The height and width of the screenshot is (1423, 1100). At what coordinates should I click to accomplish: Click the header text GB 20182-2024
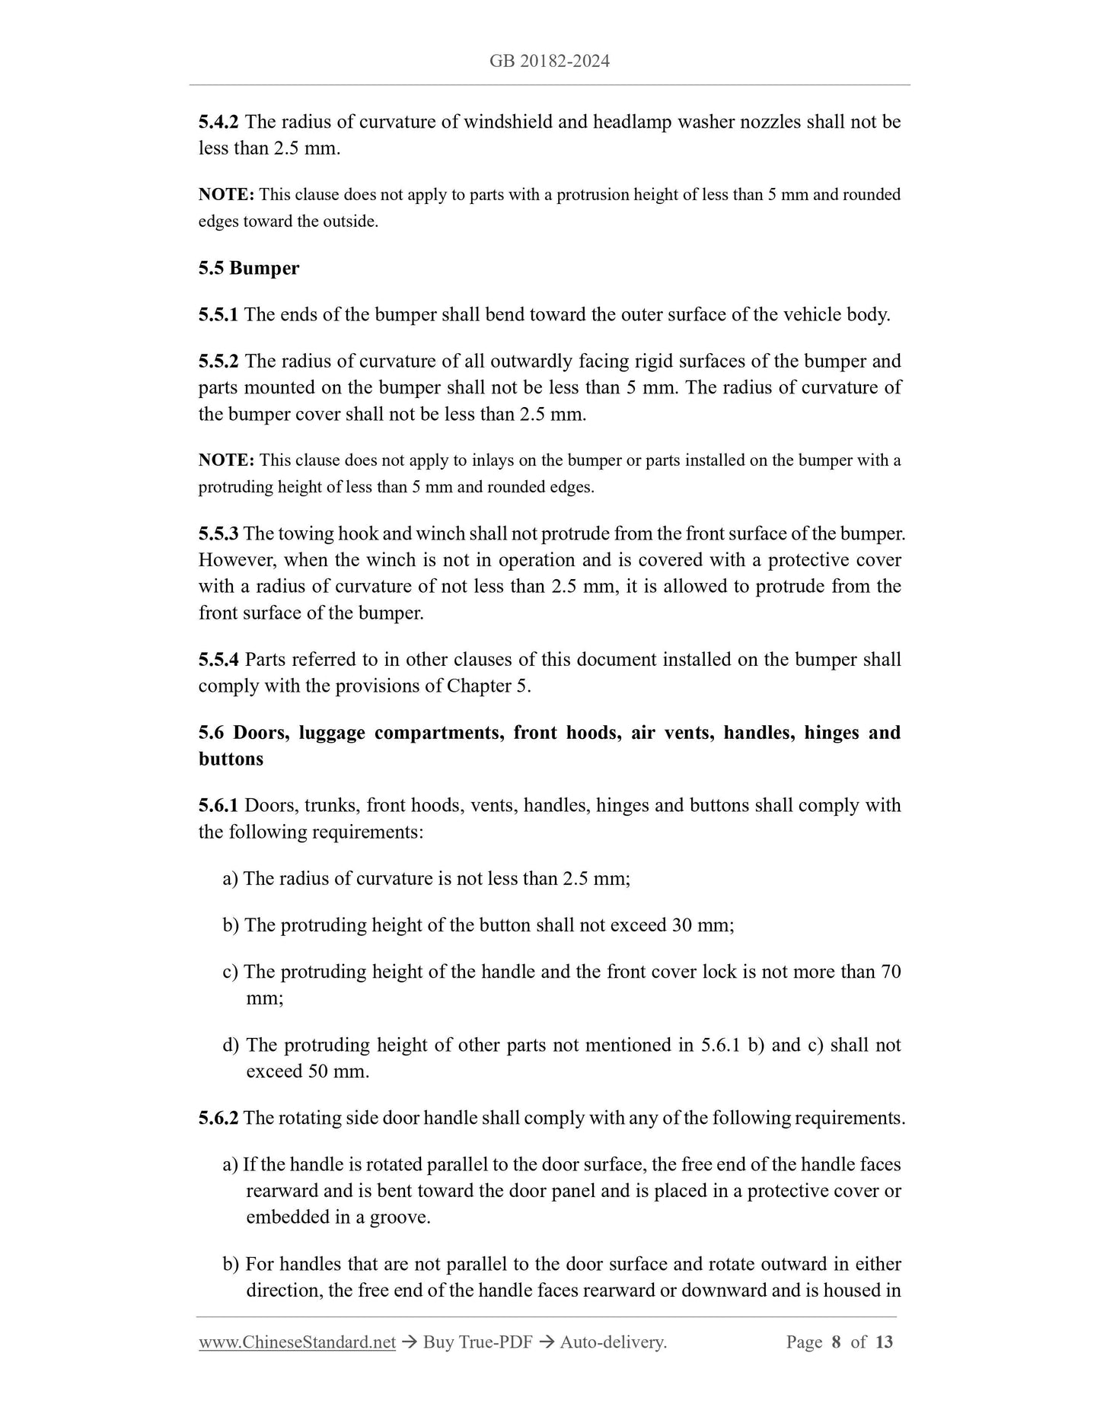[550, 62]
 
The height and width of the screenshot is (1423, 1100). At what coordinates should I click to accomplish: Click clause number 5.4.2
[218, 122]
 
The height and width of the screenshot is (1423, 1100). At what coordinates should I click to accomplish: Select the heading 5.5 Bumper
[249, 268]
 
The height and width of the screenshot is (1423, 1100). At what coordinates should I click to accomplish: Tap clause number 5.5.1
[218, 315]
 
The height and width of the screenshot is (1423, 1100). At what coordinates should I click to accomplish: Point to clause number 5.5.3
[218, 534]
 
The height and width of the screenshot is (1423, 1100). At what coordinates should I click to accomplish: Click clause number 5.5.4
[218, 660]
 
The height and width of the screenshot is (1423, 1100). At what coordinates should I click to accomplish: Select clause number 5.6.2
[218, 1118]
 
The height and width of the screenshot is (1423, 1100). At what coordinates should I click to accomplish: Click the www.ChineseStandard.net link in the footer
[297, 1342]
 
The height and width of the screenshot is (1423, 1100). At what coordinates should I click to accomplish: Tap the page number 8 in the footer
[837, 1342]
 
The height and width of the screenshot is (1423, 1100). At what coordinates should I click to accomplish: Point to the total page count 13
[884, 1342]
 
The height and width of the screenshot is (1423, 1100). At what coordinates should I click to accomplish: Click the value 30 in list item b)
[681, 925]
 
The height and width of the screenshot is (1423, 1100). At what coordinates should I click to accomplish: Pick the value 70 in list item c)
[891, 972]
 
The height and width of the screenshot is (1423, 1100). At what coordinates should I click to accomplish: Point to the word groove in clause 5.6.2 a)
[399, 1218]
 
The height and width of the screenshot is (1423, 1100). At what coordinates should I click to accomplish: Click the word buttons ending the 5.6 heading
[231, 759]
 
